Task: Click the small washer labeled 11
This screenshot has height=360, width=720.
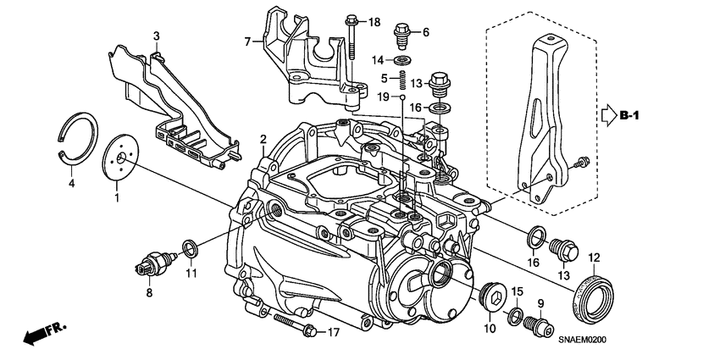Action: (x=191, y=248)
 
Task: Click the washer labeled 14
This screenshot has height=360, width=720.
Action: (x=403, y=59)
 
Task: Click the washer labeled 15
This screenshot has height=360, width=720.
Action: (x=514, y=318)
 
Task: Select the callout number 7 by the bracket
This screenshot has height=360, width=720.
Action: (x=246, y=41)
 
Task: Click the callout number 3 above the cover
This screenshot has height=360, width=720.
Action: (x=156, y=35)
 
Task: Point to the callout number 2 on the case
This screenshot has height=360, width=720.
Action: (x=263, y=139)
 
